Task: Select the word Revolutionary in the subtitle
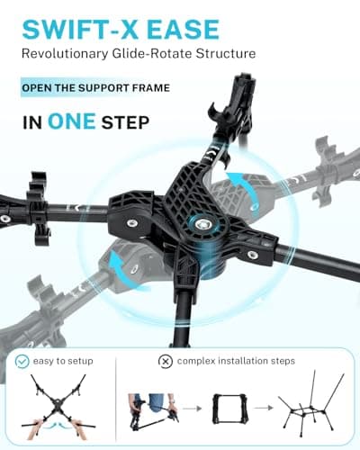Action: pos(65,54)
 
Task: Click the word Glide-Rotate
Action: pos(152,53)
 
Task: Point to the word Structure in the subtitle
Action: pos(226,53)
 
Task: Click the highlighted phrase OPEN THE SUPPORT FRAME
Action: pos(96,88)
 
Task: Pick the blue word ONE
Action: pos(72,121)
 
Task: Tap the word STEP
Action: pos(125,122)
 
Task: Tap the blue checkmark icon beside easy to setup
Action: pos(22,361)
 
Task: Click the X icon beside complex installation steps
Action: pos(166,361)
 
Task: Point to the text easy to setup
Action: pos(63,361)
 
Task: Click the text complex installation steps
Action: pos(236,361)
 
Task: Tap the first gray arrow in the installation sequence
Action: pos(192,408)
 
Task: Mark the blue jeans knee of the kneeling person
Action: pos(156,407)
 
